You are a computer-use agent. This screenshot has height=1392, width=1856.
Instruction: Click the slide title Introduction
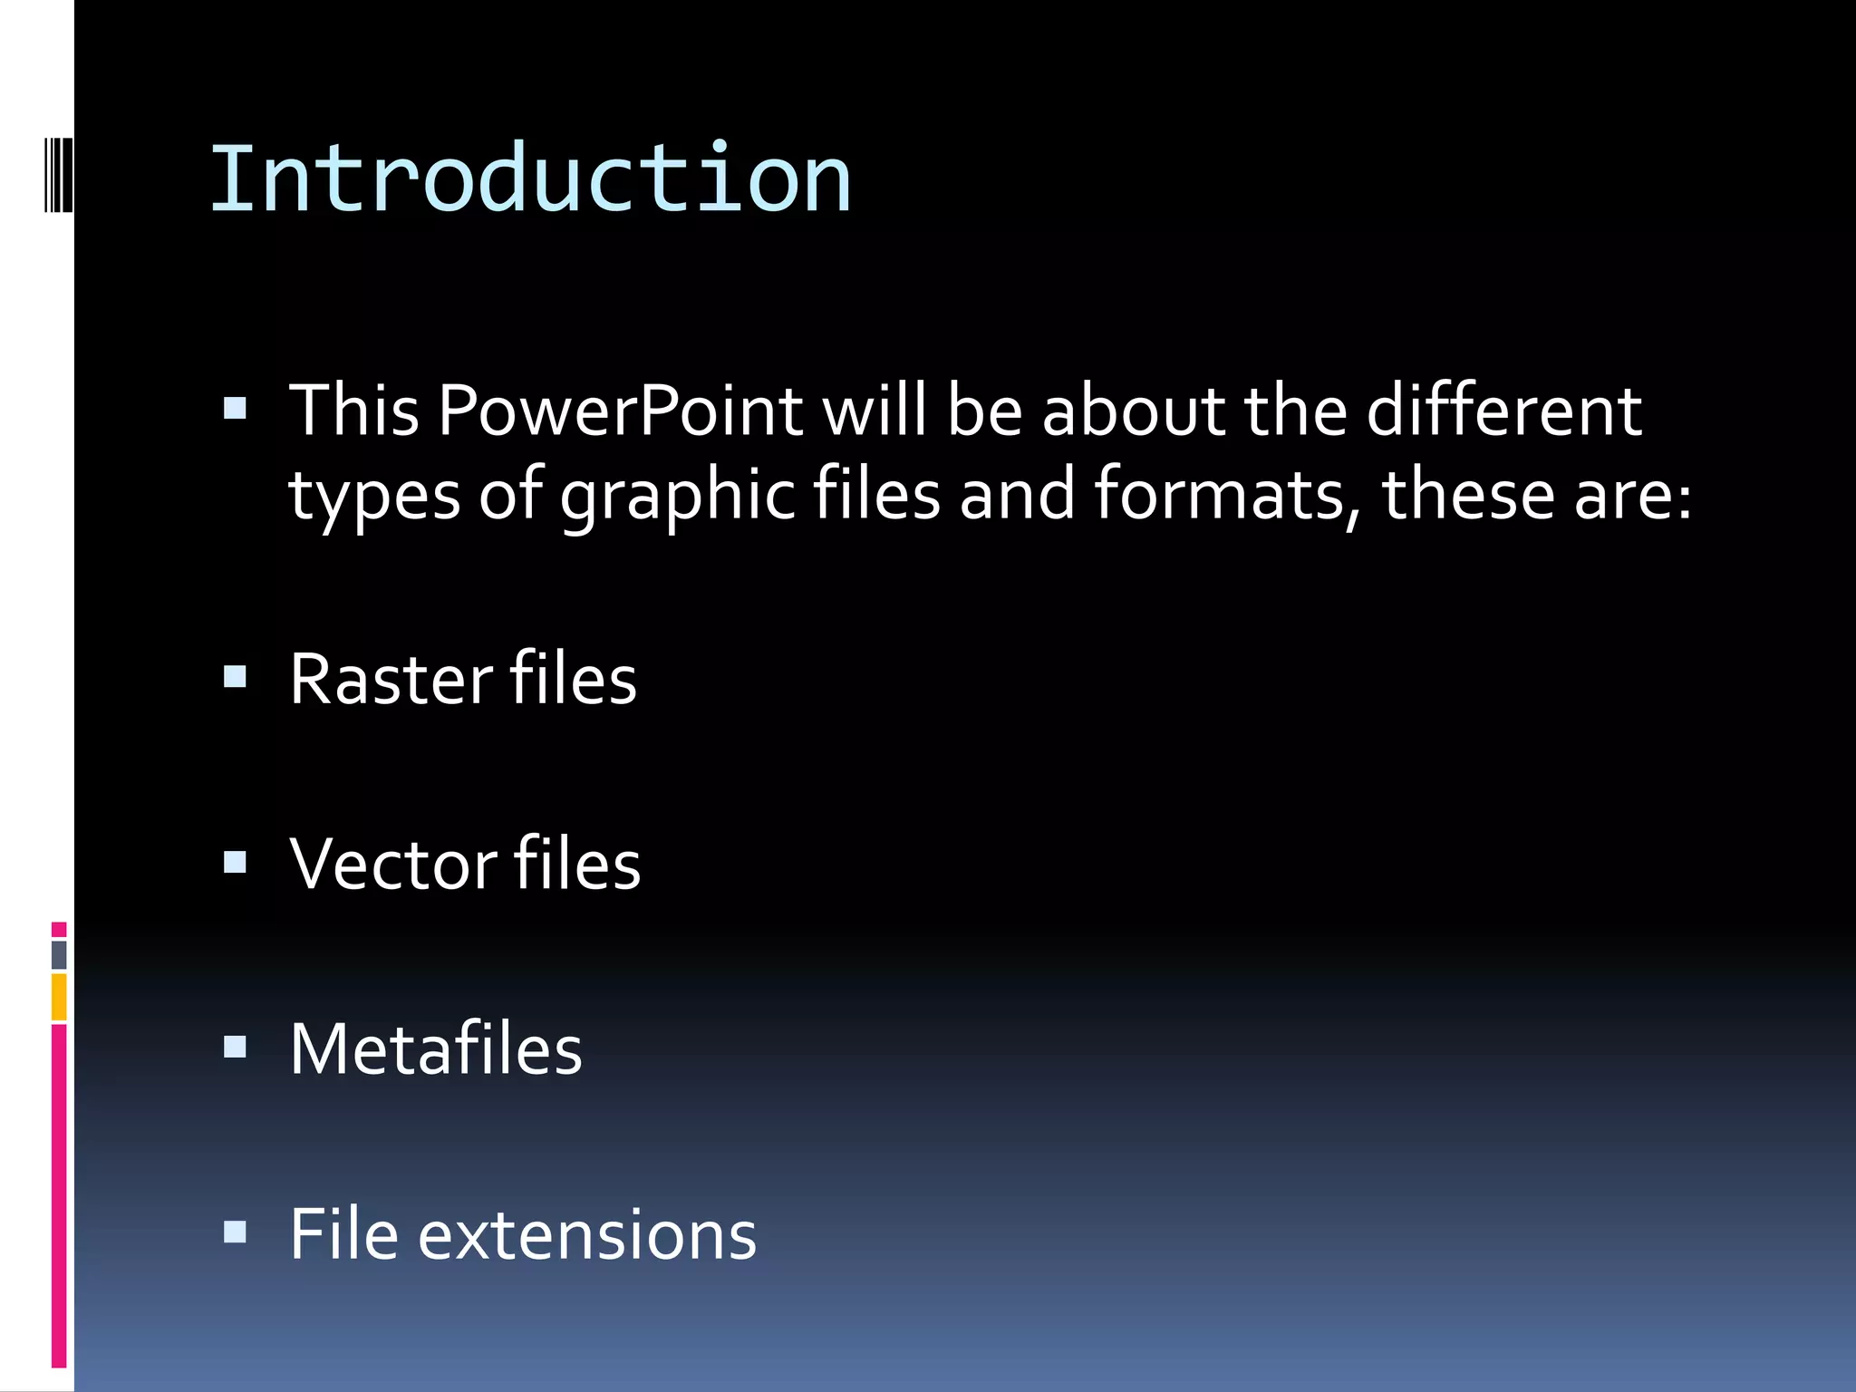pyautogui.click(x=530, y=179)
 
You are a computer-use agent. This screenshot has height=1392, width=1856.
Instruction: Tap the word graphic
pyautogui.click(x=677, y=497)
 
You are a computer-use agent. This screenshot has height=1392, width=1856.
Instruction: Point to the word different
pyautogui.click(x=1503, y=411)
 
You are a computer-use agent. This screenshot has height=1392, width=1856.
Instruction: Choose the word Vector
pyautogui.click(x=393, y=864)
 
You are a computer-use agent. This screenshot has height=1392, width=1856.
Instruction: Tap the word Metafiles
pyautogui.click(x=436, y=1049)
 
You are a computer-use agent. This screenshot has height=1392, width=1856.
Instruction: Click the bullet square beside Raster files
pyautogui.click(x=235, y=677)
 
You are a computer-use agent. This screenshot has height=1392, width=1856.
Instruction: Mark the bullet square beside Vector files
pyautogui.click(x=235, y=862)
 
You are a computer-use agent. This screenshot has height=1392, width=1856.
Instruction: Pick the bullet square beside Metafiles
pyautogui.click(x=235, y=1048)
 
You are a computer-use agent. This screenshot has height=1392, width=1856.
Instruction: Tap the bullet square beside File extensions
pyautogui.click(x=235, y=1232)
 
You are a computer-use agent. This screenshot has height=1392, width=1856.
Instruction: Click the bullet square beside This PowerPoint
pyautogui.click(x=235, y=409)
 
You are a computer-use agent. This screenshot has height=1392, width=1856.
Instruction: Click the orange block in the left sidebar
pyautogui.click(x=59, y=997)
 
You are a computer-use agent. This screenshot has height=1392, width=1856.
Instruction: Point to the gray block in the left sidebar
pyautogui.click(x=59, y=954)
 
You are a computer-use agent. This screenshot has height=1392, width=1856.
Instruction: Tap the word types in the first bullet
pyautogui.click(x=374, y=497)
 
